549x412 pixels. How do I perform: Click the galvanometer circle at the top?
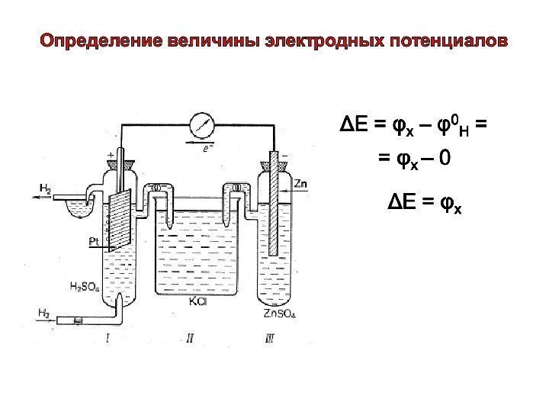tap(201, 124)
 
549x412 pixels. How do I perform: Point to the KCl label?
tap(197, 302)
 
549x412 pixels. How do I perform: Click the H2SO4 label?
tap(85, 288)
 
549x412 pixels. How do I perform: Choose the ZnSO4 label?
tap(280, 313)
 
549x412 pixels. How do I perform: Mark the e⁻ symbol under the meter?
tap(207, 150)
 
